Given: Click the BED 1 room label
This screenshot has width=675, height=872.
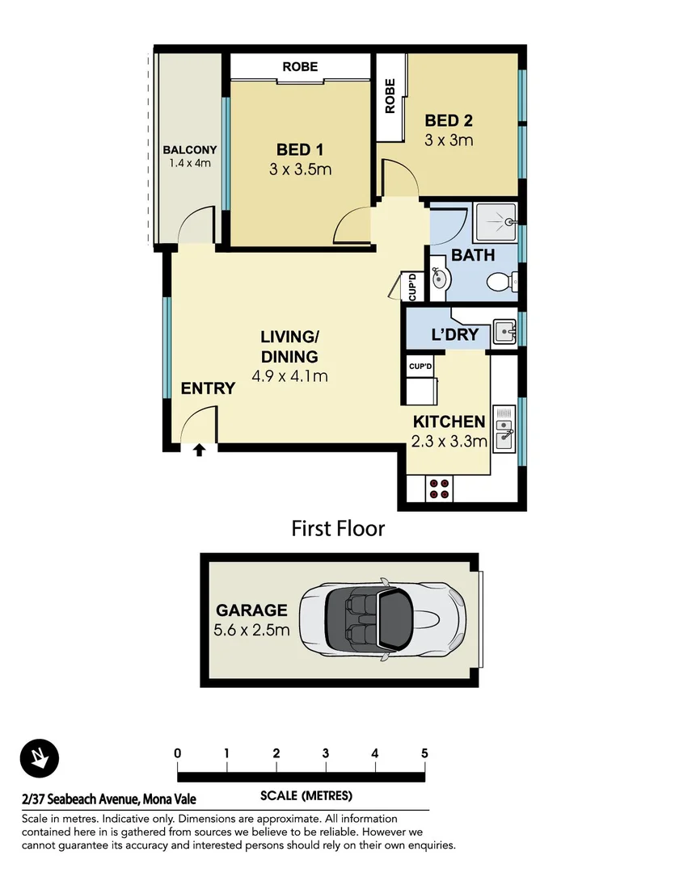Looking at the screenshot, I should [300, 149].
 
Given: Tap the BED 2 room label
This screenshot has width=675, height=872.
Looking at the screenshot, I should [449, 121].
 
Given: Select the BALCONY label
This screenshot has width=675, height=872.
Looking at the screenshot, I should [190, 150].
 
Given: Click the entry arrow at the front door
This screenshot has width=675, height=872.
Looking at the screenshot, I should [199, 450].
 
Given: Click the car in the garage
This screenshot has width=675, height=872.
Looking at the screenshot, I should [382, 618].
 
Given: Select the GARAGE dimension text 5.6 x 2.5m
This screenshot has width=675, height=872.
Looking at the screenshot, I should [252, 630].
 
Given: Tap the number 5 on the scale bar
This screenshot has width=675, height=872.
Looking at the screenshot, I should [424, 753].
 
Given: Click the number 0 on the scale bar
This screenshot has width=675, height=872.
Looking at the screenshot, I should [177, 753].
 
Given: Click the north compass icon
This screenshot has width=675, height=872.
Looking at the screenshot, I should [40, 759].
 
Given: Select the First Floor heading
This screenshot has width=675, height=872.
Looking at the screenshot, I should [338, 529].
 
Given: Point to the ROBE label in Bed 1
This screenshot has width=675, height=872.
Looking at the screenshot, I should [300, 66].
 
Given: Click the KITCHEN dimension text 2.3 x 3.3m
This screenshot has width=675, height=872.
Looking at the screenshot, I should [449, 441].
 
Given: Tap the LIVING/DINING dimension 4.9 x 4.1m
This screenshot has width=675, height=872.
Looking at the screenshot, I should [289, 375].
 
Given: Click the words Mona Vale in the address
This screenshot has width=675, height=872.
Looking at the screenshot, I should [170, 800].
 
